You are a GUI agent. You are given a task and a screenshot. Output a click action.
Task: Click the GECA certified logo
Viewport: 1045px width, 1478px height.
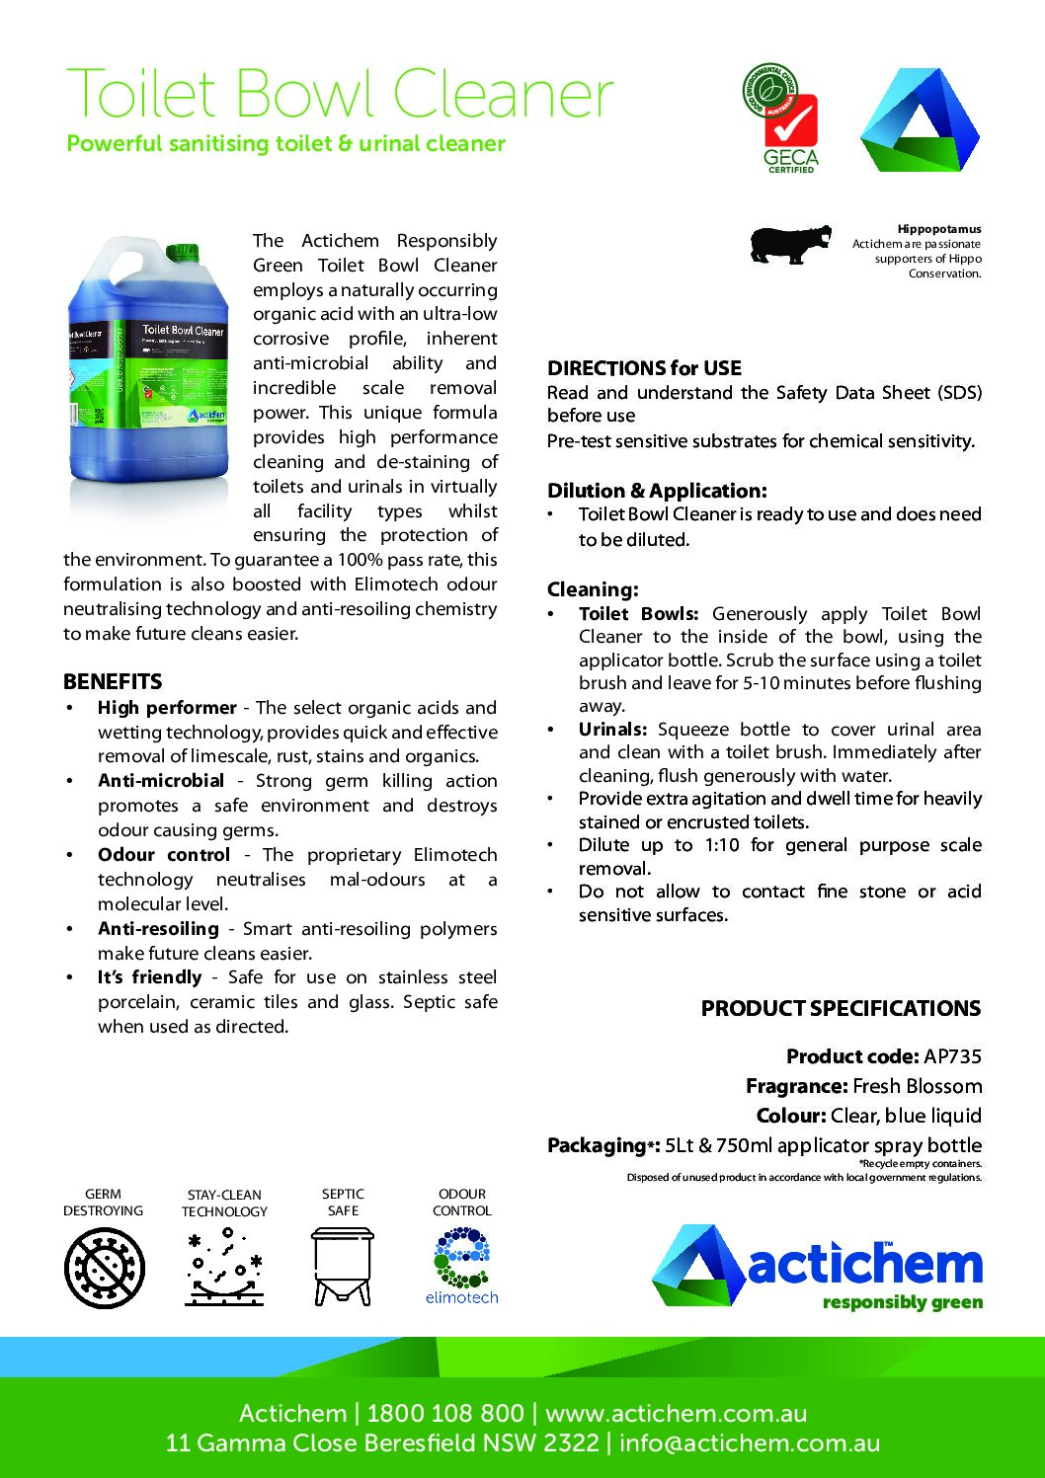click(781, 118)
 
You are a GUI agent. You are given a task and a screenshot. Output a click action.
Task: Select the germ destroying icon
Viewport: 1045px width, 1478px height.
click(104, 1268)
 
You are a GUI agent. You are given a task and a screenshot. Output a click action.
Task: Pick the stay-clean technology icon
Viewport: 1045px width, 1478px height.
click(224, 1268)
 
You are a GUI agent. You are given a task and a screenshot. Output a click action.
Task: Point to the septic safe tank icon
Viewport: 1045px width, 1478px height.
click(342, 1266)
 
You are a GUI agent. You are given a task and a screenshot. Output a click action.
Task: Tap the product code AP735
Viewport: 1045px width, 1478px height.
click(952, 1056)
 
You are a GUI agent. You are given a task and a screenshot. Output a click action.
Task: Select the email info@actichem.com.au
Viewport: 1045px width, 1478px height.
click(750, 1442)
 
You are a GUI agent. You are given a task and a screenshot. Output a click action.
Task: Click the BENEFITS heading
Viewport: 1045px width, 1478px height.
click(113, 681)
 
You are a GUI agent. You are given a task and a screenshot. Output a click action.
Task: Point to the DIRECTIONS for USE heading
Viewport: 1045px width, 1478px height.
click(644, 368)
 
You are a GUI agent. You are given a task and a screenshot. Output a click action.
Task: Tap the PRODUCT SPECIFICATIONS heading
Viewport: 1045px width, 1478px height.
click(841, 1008)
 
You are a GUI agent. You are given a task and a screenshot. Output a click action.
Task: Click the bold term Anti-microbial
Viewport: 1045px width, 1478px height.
click(161, 781)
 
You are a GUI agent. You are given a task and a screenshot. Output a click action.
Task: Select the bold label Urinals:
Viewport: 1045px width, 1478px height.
click(612, 730)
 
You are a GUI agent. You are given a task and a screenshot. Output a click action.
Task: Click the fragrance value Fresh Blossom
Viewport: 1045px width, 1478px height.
click(917, 1086)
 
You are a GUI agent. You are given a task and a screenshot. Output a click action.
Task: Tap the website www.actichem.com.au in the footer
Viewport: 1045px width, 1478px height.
click(676, 1413)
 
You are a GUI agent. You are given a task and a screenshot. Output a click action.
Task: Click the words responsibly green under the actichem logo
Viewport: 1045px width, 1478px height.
click(902, 1302)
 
